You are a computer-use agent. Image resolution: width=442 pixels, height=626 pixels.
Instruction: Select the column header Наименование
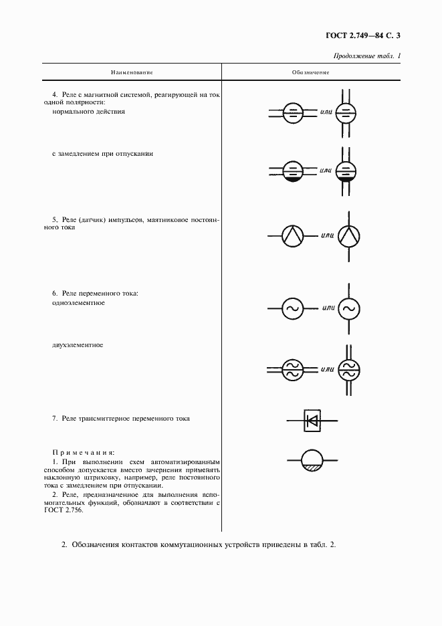click(x=132, y=72)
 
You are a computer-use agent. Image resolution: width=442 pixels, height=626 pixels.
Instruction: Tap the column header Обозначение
click(x=310, y=72)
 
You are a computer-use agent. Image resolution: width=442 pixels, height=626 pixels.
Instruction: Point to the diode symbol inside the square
click(x=312, y=420)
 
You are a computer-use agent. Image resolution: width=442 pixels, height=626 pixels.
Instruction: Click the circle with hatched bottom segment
click(x=312, y=461)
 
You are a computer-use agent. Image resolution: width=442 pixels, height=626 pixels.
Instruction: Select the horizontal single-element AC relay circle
click(x=292, y=308)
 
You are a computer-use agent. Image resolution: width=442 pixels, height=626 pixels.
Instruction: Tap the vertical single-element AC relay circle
click(x=348, y=308)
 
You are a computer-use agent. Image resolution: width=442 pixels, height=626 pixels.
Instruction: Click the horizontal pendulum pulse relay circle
click(x=292, y=235)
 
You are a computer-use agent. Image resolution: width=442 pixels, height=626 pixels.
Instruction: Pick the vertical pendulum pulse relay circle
click(x=348, y=235)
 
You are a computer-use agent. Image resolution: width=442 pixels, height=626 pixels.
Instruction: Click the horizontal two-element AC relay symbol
click(x=292, y=369)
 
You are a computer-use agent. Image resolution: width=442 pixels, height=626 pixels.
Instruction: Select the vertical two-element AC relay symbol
click(x=347, y=369)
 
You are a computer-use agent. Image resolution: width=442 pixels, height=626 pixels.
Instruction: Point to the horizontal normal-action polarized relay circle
click(x=292, y=113)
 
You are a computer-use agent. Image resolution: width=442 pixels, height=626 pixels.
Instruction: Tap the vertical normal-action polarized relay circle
click(x=346, y=113)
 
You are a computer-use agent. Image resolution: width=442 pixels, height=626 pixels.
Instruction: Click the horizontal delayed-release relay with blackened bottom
click(x=292, y=172)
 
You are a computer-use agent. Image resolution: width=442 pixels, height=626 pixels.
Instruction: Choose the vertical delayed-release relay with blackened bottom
click(x=346, y=172)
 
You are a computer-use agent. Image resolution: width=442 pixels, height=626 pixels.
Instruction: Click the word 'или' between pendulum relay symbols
click(x=327, y=235)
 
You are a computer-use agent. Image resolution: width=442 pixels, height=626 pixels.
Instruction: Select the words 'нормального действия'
click(x=88, y=112)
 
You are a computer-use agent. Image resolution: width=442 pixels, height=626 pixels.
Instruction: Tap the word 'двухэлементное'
click(x=77, y=345)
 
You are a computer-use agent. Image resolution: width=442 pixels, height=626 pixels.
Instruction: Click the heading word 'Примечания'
click(x=84, y=453)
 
